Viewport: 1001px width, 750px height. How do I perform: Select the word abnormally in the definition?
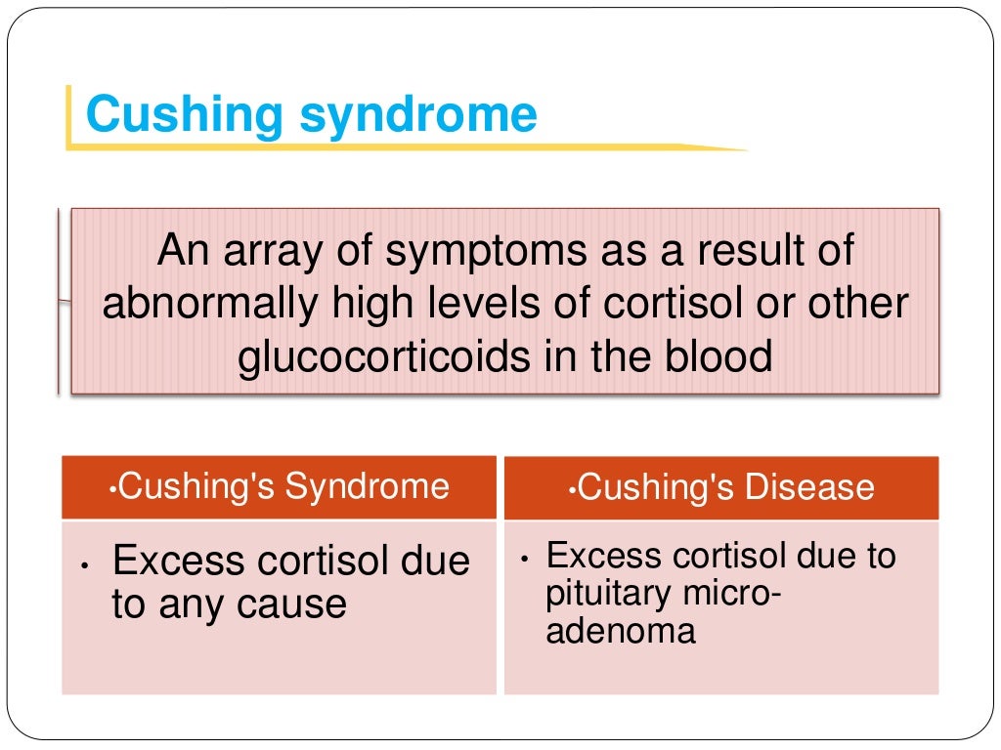[209, 304]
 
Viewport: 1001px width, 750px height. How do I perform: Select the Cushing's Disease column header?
[721, 487]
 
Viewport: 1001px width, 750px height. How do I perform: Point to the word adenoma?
[621, 630]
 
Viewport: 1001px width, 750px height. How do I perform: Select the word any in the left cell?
[194, 605]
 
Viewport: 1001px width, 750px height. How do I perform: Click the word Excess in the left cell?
[179, 561]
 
